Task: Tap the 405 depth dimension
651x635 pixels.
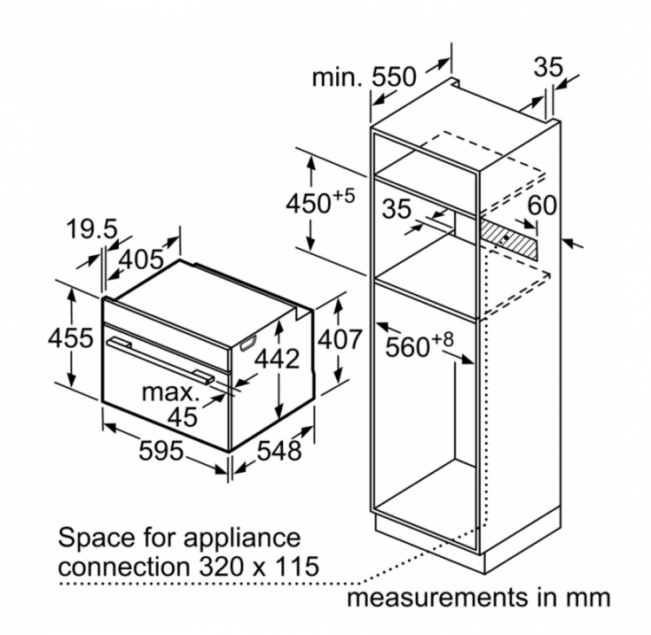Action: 141,260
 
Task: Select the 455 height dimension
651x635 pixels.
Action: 70,338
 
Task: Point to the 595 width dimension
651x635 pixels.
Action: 161,451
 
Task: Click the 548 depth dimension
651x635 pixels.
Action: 279,451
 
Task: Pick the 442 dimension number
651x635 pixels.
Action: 277,359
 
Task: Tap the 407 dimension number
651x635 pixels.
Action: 339,339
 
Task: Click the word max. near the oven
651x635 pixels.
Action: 170,392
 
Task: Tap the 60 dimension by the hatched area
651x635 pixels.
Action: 542,205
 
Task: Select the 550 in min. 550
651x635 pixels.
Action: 393,77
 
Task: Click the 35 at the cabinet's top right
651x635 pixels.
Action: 548,67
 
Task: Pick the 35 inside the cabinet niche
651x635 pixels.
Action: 397,209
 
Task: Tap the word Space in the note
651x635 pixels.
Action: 96,539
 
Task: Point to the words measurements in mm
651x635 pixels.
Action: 478,598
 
